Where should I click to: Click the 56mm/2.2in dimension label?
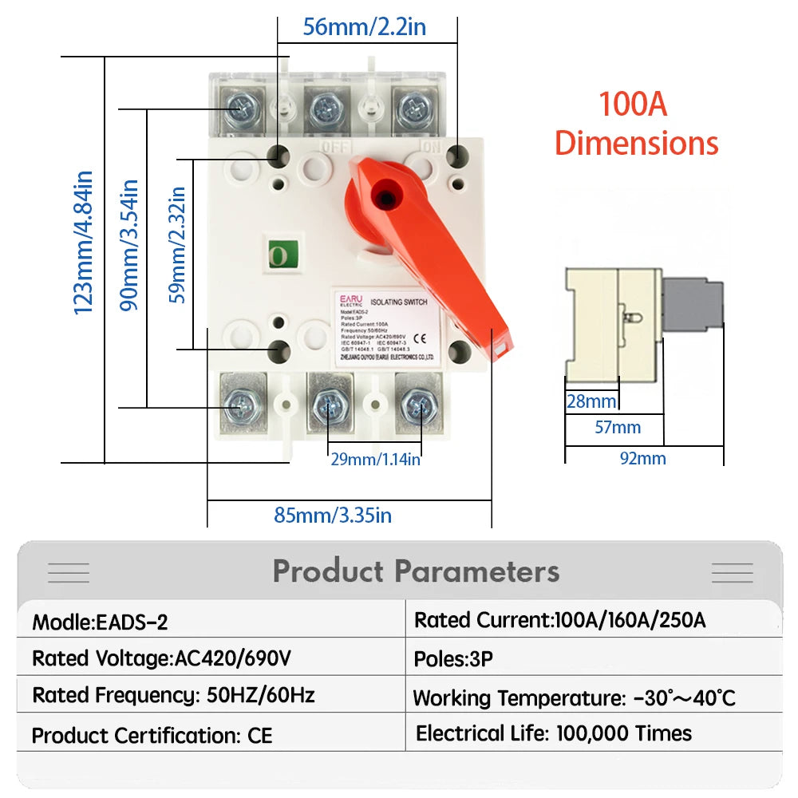[365, 27]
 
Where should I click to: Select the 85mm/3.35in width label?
[333, 515]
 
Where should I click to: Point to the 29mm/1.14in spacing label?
[375, 459]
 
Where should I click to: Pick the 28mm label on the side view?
[591, 401]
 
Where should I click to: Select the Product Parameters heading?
[416, 571]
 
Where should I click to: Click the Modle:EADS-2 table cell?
[101, 622]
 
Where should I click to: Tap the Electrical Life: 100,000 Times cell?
[554, 733]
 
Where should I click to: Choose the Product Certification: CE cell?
[152, 735]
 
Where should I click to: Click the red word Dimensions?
[636, 144]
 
